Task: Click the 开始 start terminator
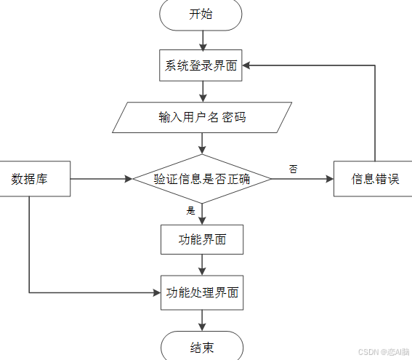click(x=201, y=15)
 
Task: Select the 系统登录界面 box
click(x=201, y=65)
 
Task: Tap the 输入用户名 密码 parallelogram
click(x=202, y=117)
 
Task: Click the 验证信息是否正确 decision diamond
click(x=202, y=179)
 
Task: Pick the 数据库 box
click(x=30, y=179)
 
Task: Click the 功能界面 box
click(x=201, y=239)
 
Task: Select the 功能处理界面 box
click(x=201, y=292)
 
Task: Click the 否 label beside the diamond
click(x=293, y=169)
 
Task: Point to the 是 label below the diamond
click(x=191, y=211)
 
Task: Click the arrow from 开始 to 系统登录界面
click(x=202, y=39)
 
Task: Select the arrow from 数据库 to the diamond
click(x=102, y=179)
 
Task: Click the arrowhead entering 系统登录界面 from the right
click(x=248, y=65)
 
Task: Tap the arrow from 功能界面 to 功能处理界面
click(x=202, y=264)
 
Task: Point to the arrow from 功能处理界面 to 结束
click(x=202, y=319)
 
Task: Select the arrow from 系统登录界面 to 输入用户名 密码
click(x=202, y=90)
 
